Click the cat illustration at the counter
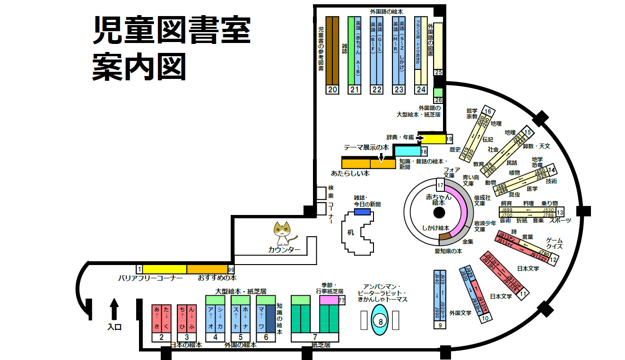click(285, 233)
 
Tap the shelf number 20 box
click(333, 90)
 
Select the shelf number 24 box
click(421, 89)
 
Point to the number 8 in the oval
click(381, 321)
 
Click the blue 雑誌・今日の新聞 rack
click(363, 212)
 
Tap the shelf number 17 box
click(440, 185)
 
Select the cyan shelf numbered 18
click(407, 151)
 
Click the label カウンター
click(284, 250)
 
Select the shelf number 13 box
click(560, 212)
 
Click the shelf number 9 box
click(440, 325)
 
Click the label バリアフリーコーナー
click(150, 278)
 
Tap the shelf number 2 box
click(161, 337)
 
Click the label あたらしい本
click(350, 173)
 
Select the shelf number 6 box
click(266, 337)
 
